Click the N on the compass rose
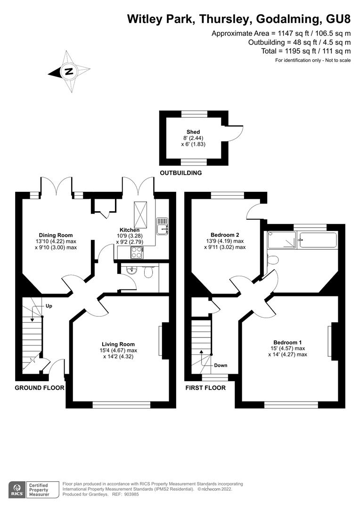pyautogui.click(x=68, y=72)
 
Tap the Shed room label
pyautogui.click(x=193, y=132)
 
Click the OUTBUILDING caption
pyautogui.click(x=181, y=173)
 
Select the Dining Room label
pyautogui.click(x=56, y=235)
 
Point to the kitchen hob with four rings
pyautogui.click(x=137, y=253)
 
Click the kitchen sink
pyautogui.click(x=162, y=226)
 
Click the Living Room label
pyautogui.click(x=118, y=345)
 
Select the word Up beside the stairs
pyautogui.click(x=49, y=306)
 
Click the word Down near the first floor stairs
pyautogui.click(x=221, y=366)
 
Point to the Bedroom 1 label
pyautogui.click(x=287, y=343)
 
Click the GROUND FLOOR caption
pyautogui.click(x=40, y=388)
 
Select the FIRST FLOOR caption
pyautogui.click(x=205, y=388)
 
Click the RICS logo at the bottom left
pyautogui.click(x=17, y=490)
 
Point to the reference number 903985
pyautogui.click(x=132, y=494)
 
